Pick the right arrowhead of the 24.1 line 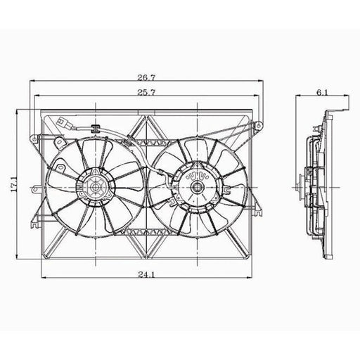(252, 281)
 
